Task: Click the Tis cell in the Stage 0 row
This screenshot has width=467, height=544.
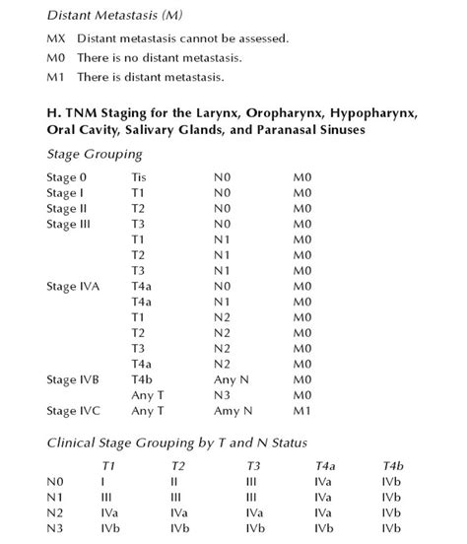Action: [139, 178]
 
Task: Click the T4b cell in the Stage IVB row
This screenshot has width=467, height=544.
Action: [142, 378]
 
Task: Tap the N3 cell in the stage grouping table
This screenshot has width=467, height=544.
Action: [222, 394]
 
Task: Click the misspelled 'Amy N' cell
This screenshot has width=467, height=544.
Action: [233, 410]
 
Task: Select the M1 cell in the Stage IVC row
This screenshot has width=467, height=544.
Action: [301, 410]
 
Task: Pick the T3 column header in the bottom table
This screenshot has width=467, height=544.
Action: [254, 465]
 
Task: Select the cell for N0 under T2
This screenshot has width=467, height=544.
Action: [173, 482]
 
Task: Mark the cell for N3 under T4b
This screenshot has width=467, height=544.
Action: [393, 529]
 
